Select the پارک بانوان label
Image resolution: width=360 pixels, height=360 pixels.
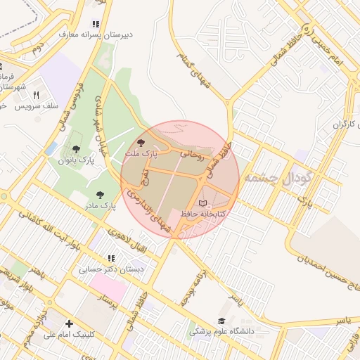coord(77,160)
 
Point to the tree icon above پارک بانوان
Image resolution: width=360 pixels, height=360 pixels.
coord(76,149)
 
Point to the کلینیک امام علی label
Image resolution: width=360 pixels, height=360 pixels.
coord(70,335)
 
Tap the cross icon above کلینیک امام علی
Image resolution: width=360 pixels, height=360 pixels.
coord(68,324)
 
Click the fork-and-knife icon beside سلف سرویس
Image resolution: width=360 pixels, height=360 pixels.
coord(35,95)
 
